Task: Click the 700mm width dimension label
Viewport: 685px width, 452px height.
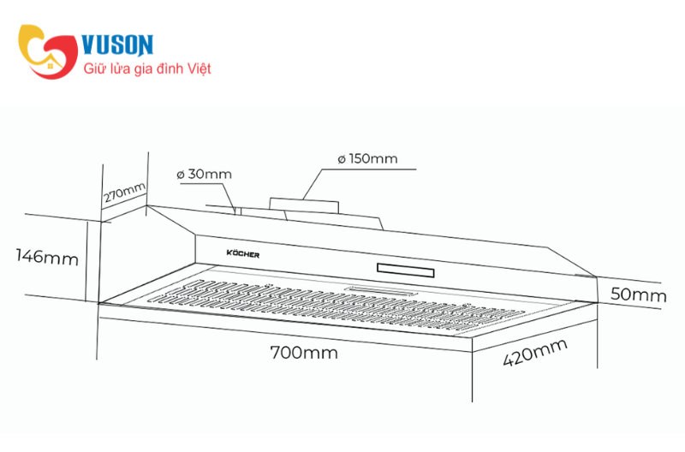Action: [x=304, y=353]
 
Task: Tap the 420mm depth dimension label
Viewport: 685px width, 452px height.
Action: [x=535, y=353]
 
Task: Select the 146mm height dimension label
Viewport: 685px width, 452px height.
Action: [x=47, y=257]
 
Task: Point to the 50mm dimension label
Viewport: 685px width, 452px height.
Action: [x=638, y=294]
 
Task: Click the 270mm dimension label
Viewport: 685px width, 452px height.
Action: [x=124, y=193]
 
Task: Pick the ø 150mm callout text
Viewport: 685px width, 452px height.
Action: [x=367, y=158]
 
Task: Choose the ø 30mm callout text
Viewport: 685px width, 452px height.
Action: [x=204, y=175]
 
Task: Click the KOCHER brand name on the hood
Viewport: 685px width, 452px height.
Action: [x=243, y=253]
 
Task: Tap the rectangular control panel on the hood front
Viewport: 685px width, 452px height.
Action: [x=405, y=271]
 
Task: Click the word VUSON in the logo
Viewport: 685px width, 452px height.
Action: [x=117, y=45]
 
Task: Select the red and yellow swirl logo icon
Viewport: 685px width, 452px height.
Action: [x=48, y=51]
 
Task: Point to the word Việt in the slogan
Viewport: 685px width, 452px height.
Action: [x=200, y=68]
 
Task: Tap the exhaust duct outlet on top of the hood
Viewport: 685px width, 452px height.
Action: [x=304, y=205]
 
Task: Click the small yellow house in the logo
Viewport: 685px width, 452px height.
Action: [x=51, y=65]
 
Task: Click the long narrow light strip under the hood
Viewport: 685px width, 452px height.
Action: [x=381, y=291]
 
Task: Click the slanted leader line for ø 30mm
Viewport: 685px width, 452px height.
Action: [x=230, y=199]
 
